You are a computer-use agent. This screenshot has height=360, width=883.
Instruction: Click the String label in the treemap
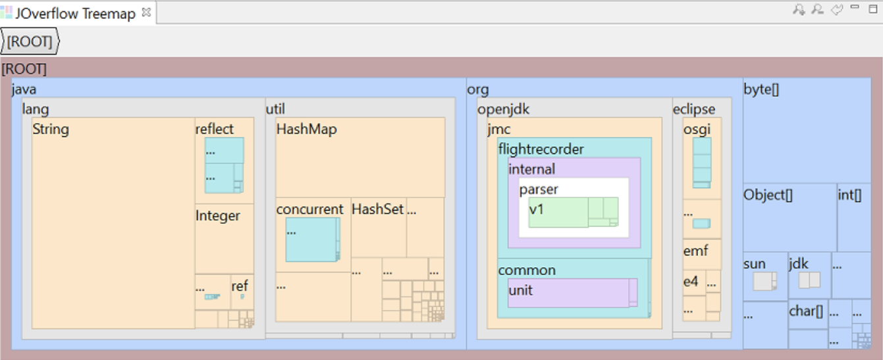point(51,129)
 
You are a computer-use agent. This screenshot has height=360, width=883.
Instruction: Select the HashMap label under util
point(306,129)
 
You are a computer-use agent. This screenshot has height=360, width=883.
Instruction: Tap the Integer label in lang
point(218,216)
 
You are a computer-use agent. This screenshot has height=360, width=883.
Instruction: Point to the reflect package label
point(215,129)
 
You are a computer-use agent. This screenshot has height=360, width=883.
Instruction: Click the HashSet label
point(377,209)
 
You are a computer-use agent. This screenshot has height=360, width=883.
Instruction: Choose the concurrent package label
point(309,209)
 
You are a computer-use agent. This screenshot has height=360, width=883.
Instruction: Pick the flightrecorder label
point(541,149)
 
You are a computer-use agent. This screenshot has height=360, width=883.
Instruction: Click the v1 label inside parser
point(537,209)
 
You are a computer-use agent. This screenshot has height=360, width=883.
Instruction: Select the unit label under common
point(520,290)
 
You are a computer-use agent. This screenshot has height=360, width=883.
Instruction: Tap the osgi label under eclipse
point(697,129)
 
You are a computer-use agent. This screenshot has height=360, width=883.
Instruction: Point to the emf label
point(695,251)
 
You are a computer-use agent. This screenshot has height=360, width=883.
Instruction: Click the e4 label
point(690,282)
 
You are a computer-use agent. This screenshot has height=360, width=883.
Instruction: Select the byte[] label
point(761,90)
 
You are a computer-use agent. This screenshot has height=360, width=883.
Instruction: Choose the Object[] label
point(764,195)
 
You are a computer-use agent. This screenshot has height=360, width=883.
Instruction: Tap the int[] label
point(849,195)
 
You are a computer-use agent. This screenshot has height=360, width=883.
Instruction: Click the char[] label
point(807,311)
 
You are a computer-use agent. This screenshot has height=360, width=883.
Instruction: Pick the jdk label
point(798,264)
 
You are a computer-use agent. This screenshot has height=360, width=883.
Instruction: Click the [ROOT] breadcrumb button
point(30,42)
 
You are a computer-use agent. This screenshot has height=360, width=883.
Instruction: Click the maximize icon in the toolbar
point(872,9)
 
